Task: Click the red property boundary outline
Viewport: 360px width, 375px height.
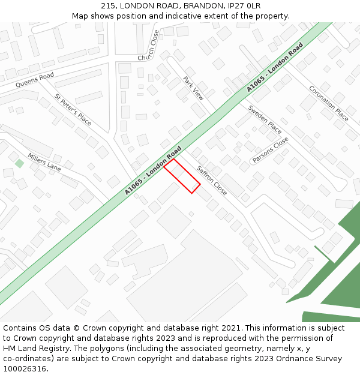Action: (182, 176)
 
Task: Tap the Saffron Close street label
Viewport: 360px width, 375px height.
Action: (212, 181)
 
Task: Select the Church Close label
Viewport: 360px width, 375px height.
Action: (149, 46)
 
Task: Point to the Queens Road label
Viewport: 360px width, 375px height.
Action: (35, 80)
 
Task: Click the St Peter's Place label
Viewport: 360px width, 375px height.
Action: (73, 110)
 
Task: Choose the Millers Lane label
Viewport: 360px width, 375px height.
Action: (44, 161)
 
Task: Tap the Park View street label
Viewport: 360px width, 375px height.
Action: (193, 88)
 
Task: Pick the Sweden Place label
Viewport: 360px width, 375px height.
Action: (265, 120)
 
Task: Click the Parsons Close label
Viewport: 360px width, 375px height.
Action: (271, 150)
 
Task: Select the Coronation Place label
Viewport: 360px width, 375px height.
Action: (329, 103)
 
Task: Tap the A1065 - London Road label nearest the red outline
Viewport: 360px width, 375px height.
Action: (154, 170)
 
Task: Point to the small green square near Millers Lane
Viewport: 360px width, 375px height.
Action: (20, 163)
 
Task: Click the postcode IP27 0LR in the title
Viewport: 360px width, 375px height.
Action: (247, 5)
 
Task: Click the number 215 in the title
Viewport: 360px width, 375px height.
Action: (109, 5)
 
